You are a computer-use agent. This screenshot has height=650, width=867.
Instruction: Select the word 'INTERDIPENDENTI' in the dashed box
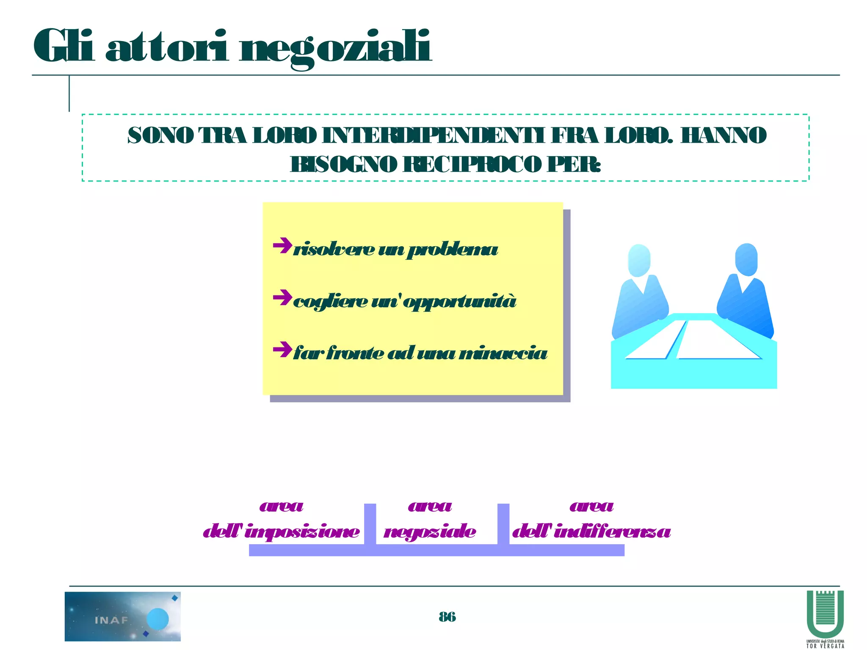(x=433, y=136)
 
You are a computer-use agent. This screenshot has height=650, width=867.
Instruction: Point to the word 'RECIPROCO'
(x=472, y=165)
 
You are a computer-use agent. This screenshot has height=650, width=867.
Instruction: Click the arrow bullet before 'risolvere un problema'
(x=282, y=246)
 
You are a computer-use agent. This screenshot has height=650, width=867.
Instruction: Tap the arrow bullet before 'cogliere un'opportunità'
(x=282, y=298)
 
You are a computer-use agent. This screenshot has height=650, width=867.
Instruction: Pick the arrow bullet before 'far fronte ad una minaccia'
(x=282, y=350)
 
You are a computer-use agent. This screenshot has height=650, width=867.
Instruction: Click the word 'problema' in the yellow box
(x=452, y=250)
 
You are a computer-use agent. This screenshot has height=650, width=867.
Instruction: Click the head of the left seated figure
(x=639, y=260)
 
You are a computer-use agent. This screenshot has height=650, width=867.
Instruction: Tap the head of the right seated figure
(x=746, y=259)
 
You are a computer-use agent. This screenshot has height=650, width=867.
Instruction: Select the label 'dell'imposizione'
(x=281, y=532)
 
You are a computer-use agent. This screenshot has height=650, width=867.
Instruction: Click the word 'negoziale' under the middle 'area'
(x=430, y=532)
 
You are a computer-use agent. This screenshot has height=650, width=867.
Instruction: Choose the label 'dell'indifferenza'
(x=591, y=532)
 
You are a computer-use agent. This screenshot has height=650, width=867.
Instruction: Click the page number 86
(x=447, y=617)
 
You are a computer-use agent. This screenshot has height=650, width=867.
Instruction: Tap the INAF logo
(x=123, y=616)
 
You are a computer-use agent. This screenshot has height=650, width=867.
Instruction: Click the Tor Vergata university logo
(x=825, y=618)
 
